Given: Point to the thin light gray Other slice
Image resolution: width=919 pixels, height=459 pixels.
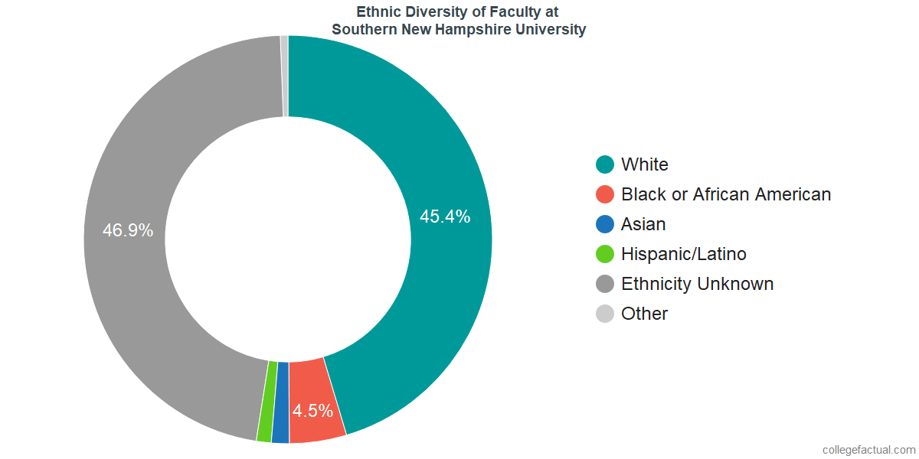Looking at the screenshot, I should click(285, 76).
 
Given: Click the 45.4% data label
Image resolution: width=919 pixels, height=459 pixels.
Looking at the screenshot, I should click(445, 216).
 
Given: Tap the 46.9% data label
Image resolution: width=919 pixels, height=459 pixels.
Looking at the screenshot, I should click(129, 230).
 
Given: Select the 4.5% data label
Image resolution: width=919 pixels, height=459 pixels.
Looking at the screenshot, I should click(312, 411).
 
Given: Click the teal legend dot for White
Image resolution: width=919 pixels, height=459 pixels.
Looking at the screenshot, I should click(605, 164).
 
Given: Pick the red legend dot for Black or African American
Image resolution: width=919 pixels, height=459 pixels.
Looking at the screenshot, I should click(605, 194).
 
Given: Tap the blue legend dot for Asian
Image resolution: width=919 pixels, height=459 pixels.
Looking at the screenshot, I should click(605, 224).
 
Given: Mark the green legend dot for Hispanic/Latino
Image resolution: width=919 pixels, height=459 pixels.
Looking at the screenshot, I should click(605, 254).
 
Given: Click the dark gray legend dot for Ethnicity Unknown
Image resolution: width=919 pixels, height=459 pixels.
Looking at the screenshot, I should click(605, 284).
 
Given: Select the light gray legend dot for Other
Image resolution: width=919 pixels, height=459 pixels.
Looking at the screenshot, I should click(605, 314).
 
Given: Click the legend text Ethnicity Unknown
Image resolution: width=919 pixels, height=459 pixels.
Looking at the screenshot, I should click(697, 284).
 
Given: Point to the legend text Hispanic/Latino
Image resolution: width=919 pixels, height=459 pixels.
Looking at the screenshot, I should click(683, 254).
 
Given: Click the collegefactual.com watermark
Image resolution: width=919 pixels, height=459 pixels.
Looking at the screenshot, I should click(868, 450).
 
